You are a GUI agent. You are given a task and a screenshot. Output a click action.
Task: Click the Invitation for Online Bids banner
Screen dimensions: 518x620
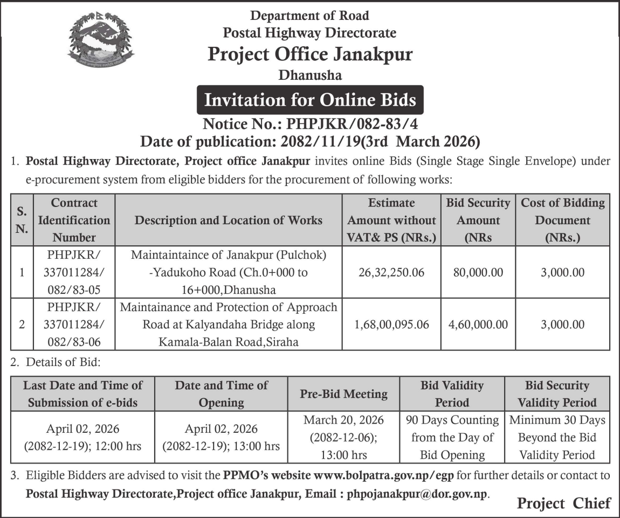click(x=309, y=100)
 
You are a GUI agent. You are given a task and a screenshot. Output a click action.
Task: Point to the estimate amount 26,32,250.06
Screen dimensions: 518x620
click(x=391, y=272)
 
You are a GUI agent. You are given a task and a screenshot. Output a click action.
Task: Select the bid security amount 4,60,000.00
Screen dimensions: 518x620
click(x=478, y=324)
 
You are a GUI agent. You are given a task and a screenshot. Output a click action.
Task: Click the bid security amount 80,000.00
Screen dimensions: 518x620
click(x=478, y=272)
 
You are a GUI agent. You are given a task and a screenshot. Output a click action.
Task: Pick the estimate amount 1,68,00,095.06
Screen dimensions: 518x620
click(x=391, y=324)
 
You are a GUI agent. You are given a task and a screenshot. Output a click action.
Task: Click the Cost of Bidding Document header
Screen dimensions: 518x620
click(x=562, y=220)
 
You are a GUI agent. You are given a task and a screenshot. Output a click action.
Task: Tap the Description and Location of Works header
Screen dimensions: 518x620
click(x=229, y=220)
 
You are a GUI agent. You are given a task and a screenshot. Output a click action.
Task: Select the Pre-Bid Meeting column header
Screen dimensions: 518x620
click(x=343, y=394)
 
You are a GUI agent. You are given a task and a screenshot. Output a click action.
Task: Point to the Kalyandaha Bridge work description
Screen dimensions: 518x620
click(x=229, y=324)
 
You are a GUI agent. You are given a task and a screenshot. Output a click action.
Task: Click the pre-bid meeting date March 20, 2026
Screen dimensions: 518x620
click(x=343, y=420)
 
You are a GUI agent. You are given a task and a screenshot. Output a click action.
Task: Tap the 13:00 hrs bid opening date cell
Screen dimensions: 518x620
click(x=221, y=438)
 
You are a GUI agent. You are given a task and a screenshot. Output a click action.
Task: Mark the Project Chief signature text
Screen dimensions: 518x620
click(x=563, y=503)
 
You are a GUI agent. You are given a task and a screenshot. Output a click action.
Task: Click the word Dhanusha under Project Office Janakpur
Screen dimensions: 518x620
click(x=309, y=75)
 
